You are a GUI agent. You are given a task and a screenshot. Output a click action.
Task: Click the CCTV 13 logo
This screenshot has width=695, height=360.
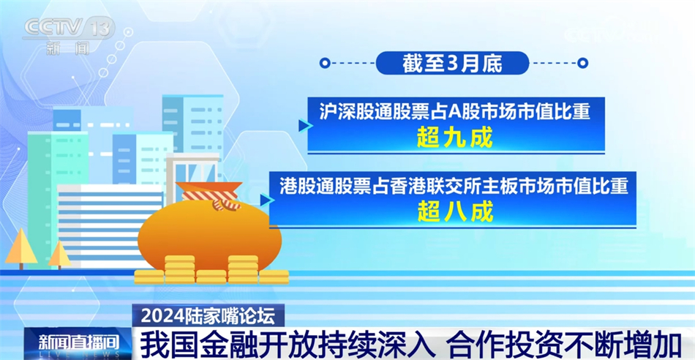[x=69, y=28]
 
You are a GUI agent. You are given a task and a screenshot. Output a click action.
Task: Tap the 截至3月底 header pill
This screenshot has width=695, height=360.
[x=452, y=63]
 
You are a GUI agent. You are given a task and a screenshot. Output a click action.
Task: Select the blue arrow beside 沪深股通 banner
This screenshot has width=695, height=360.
[x=305, y=126]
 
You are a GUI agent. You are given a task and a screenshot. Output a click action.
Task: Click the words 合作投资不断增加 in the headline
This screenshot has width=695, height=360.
[x=567, y=342]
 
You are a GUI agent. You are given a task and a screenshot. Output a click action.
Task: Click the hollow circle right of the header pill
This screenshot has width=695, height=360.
[x=582, y=64]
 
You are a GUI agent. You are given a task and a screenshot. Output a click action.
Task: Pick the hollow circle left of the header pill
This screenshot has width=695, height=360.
[x=323, y=64]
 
